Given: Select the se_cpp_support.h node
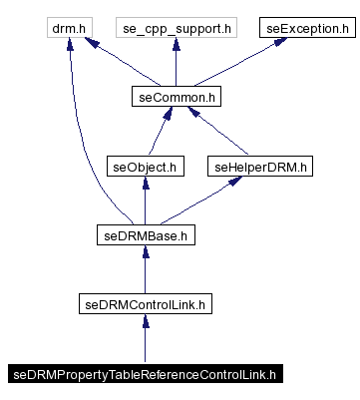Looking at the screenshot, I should pyautogui.click(x=176, y=29).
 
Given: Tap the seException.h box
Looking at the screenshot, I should pyautogui.click(x=309, y=29).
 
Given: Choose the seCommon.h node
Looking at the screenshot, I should pyautogui.click(x=176, y=98).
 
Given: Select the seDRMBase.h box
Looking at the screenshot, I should pyautogui.click(x=146, y=235).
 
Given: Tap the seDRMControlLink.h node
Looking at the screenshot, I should pyautogui.click(x=146, y=304).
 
